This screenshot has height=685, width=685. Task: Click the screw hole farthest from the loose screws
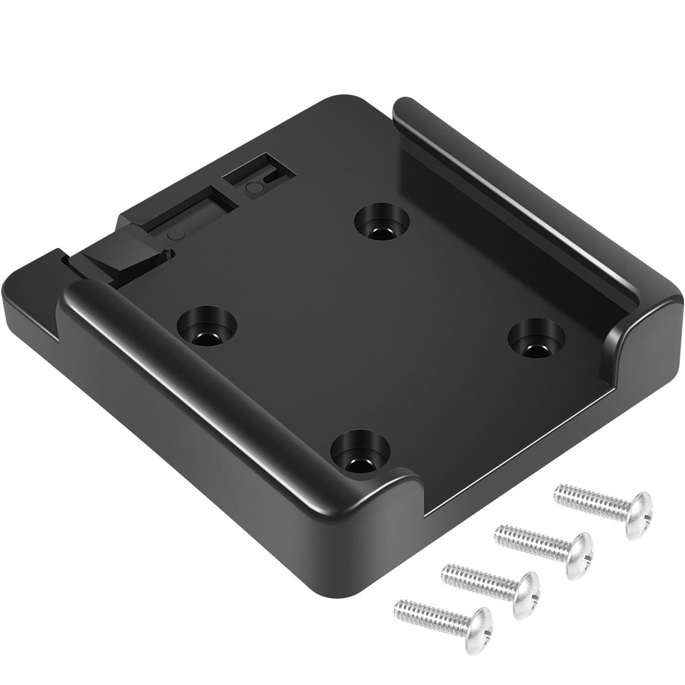point(382,222)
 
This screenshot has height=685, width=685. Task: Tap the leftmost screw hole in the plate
point(206,321)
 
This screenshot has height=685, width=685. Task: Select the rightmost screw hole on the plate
point(537,336)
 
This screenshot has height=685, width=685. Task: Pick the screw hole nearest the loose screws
point(359,452)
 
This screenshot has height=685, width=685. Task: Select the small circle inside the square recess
point(253,187)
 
